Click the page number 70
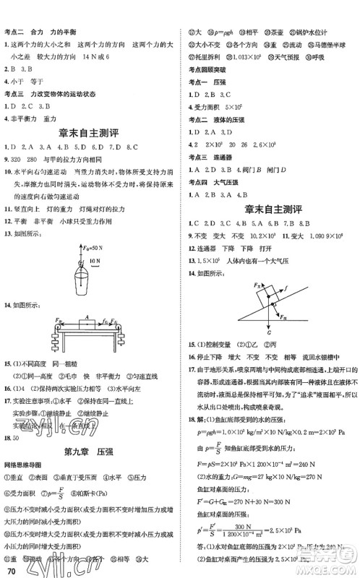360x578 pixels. pos(9,570)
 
